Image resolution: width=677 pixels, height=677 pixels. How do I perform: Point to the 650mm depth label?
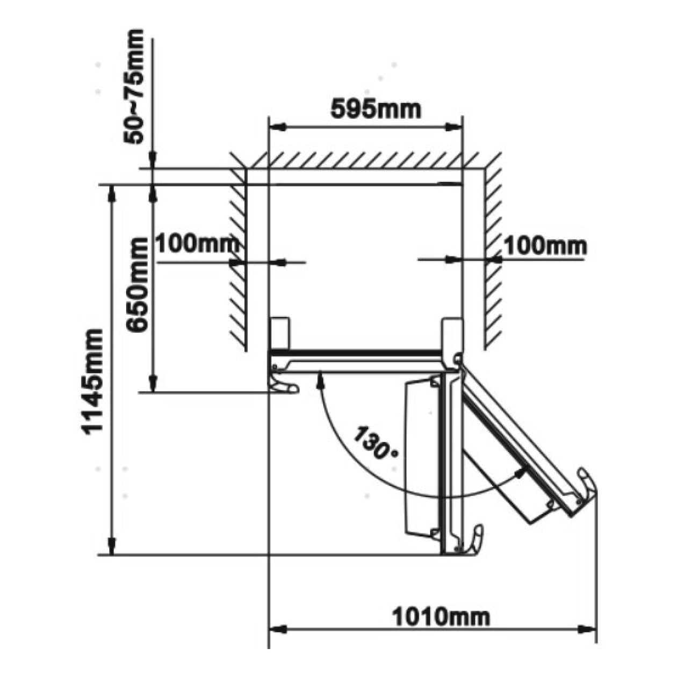(x=137, y=285)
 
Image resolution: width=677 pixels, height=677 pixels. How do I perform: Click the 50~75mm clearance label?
(x=134, y=87)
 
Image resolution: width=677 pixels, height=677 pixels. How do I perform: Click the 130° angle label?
(x=376, y=443)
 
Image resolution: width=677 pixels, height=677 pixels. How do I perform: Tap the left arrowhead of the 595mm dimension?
(x=277, y=127)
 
